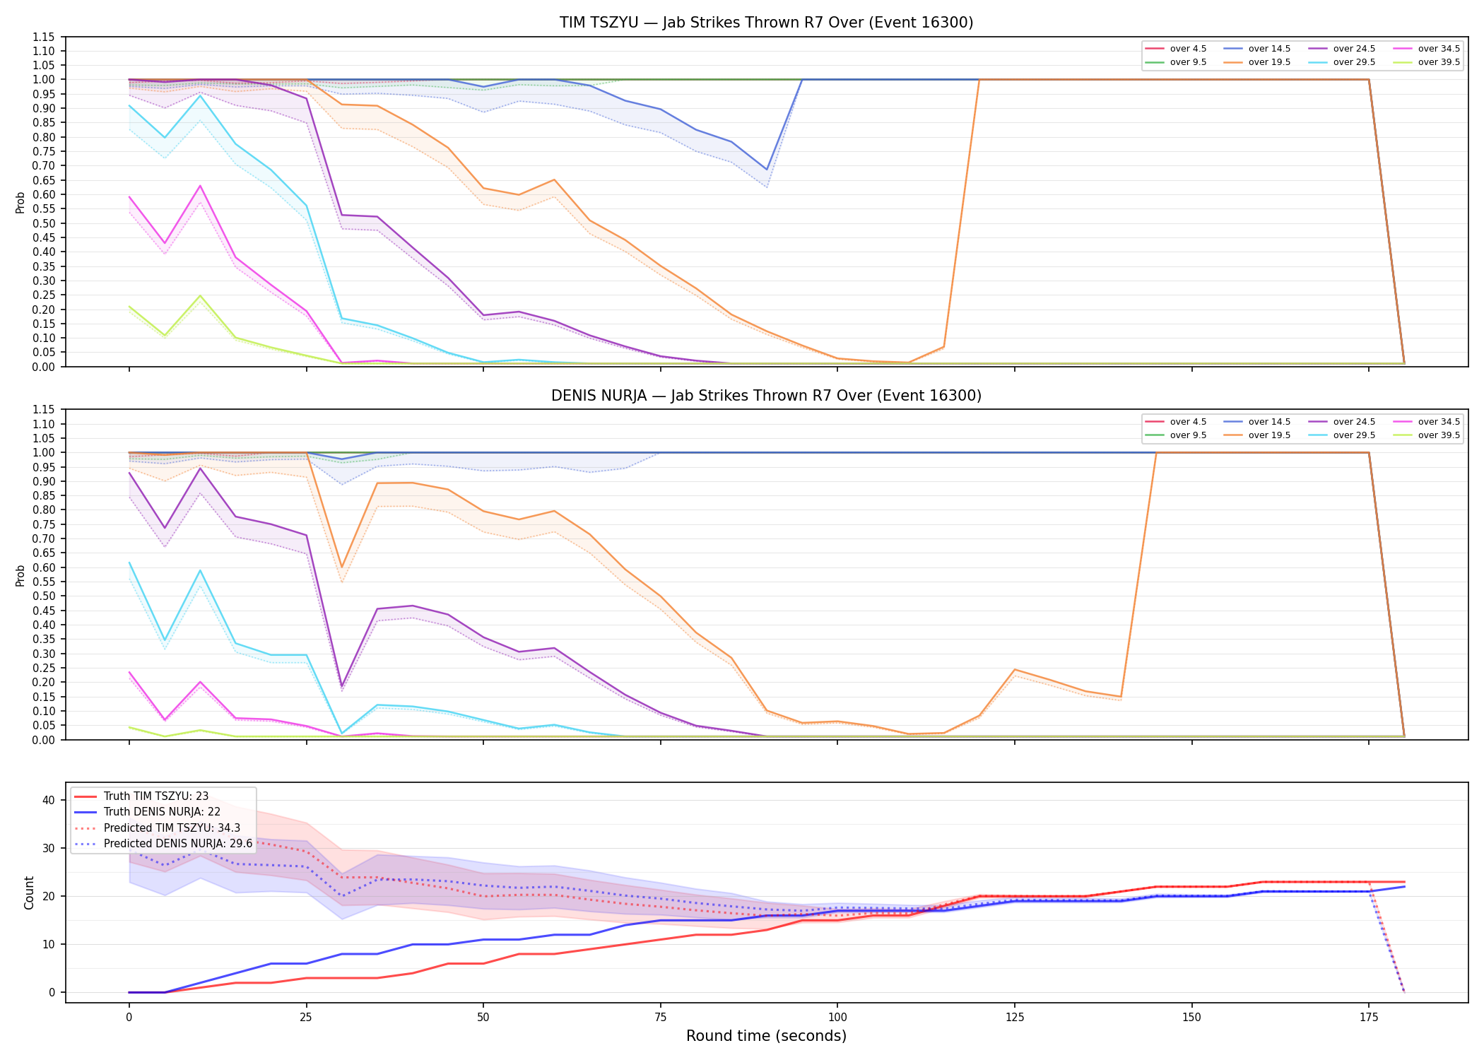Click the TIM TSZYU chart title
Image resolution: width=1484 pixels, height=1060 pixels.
[x=766, y=23]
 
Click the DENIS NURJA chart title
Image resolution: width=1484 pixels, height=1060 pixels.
[x=766, y=396]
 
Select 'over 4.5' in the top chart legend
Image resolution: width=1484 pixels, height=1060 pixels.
[x=1188, y=49]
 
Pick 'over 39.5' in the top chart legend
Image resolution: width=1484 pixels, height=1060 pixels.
[x=1439, y=62]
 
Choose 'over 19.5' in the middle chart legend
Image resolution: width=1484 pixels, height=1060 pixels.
[x=1269, y=435]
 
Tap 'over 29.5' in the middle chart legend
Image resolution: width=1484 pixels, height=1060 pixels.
[x=1354, y=435]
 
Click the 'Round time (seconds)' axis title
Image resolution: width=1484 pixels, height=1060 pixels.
[x=766, y=1036]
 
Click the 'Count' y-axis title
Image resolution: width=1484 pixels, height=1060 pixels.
[x=29, y=893]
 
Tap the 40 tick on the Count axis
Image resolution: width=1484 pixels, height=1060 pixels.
[x=49, y=800]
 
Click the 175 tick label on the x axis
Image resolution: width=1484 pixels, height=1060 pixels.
[x=1369, y=1018]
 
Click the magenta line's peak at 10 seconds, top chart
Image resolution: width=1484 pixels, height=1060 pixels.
[x=200, y=186]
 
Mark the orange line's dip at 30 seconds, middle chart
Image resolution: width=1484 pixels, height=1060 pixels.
[x=342, y=567]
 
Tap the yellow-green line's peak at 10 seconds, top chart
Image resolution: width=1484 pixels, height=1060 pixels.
[x=200, y=296]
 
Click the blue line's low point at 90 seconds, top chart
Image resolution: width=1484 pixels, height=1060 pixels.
[x=767, y=170]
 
